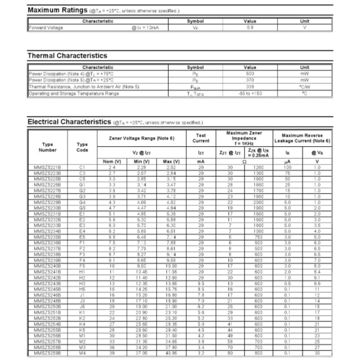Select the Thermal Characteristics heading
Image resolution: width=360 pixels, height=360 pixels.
[67, 56]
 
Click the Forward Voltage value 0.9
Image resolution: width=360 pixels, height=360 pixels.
[250, 27]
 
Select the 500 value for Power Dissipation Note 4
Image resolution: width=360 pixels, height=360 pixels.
[250, 73]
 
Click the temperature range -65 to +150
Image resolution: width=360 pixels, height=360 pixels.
[250, 93]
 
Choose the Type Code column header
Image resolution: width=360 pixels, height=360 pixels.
[82, 147]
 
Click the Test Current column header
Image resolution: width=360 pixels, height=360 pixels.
[201, 138]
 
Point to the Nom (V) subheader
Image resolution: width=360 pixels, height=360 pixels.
[112, 162]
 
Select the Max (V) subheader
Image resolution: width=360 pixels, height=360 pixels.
[171, 162]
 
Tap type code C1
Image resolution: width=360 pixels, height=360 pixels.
[82, 167]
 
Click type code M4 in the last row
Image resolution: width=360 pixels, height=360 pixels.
[82, 354]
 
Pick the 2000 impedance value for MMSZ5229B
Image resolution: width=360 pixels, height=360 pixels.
[258, 202]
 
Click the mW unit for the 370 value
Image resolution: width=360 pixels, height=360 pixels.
[305, 80]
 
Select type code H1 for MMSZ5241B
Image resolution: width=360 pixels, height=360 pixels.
[82, 272]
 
